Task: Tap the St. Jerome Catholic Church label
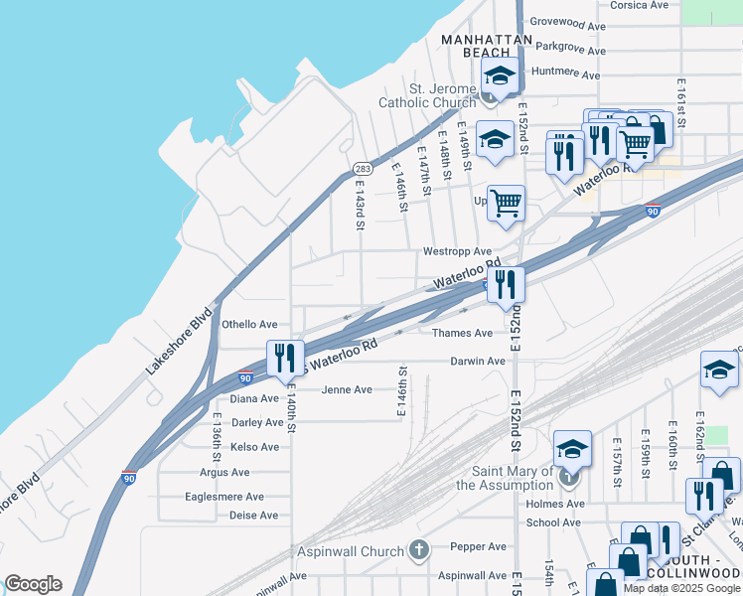point(427,95)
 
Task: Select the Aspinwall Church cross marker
point(419,550)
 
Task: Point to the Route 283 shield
point(363,169)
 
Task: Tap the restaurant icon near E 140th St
point(285,357)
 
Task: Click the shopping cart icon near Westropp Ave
point(507,203)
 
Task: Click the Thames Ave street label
point(462,333)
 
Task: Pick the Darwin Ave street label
point(477,362)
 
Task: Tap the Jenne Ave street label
point(346,389)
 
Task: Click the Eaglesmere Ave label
point(224,496)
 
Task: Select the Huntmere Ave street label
point(566,74)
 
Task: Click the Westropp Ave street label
point(457,252)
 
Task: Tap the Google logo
point(33,584)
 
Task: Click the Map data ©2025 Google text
point(681,587)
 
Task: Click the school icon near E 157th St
point(572,448)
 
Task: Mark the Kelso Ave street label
point(254,447)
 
